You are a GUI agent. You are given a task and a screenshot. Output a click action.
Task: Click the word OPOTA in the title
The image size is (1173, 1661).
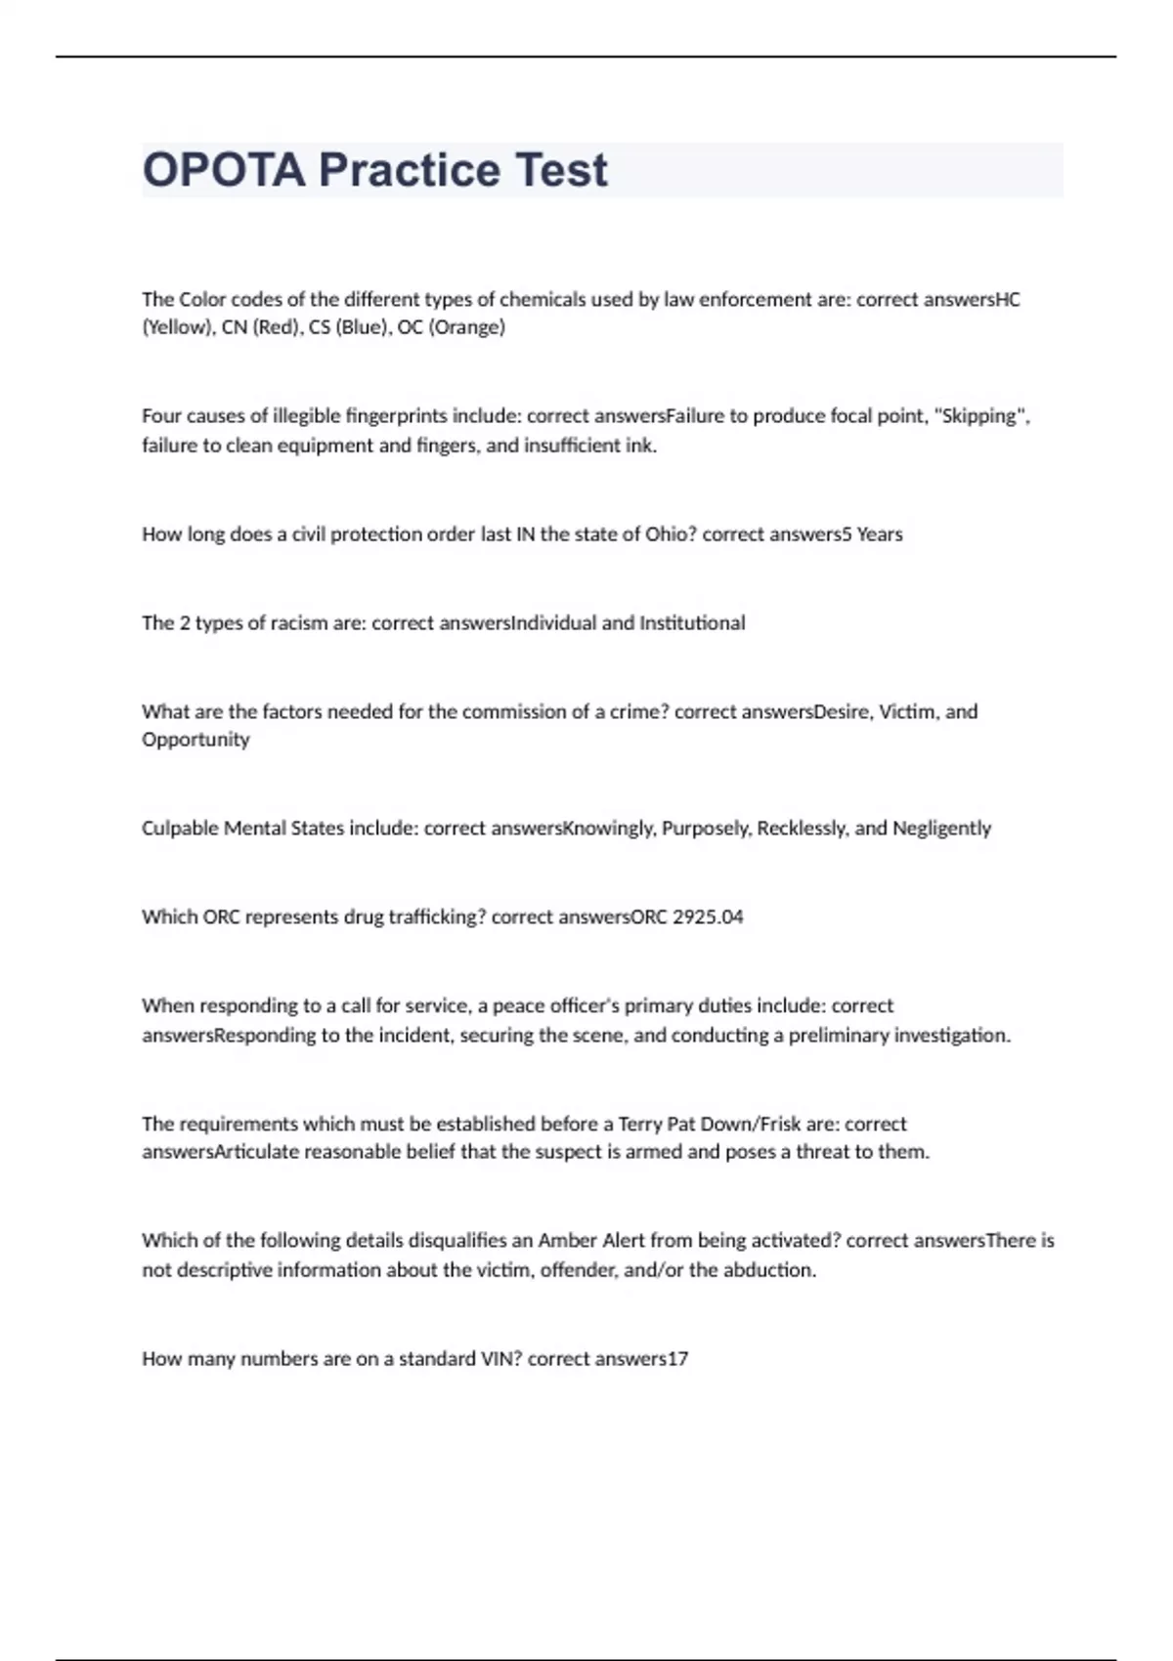tap(224, 170)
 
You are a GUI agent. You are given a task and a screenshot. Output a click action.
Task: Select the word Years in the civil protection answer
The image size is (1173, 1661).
tap(879, 534)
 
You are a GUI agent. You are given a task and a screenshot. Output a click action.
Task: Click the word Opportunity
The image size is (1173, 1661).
tap(195, 740)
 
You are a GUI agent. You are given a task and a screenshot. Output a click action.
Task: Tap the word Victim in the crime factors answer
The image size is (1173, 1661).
tap(907, 712)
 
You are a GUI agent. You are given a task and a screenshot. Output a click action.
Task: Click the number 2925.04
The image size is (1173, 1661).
tap(708, 917)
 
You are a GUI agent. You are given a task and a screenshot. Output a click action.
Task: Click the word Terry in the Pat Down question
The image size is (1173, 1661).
tap(640, 1125)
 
